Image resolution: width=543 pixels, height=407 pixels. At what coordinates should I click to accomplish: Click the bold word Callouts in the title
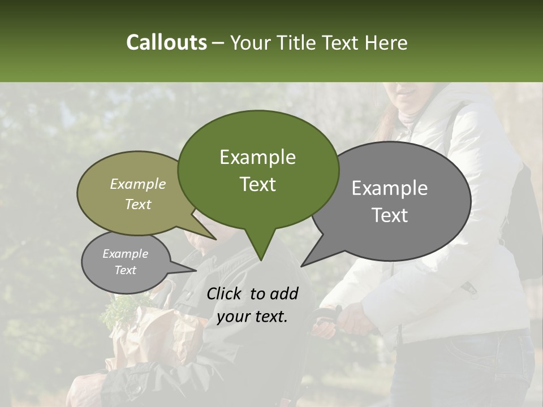point(166,42)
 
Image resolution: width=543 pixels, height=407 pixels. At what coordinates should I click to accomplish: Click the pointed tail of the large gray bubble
point(303,265)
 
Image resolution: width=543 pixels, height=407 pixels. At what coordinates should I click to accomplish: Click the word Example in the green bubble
point(257,157)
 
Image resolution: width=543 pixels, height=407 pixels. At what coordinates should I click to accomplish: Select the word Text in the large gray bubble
point(390,215)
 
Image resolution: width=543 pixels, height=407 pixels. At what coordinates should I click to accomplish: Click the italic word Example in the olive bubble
point(137,184)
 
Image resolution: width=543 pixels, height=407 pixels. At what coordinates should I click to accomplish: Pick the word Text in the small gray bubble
point(125,270)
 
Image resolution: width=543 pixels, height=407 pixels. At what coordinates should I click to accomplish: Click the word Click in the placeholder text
point(226,293)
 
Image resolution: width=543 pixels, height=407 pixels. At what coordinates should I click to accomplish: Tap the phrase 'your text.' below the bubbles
point(252,317)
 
